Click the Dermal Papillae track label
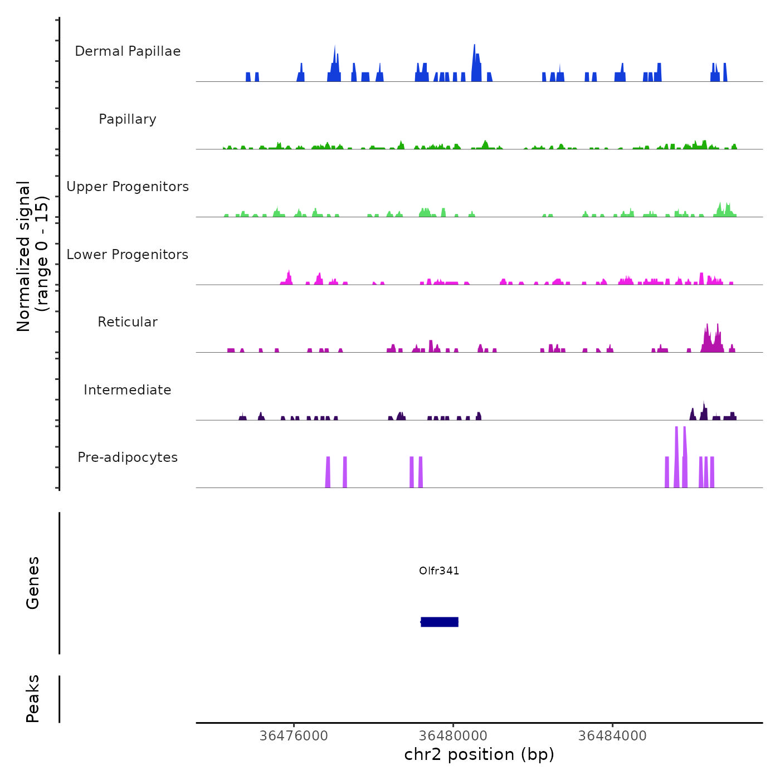click(x=128, y=51)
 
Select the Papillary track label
click(x=128, y=119)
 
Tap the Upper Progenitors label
click(x=128, y=187)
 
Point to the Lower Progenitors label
click(x=128, y=255)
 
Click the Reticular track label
click(x=128, y=322)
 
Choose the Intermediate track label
click(x=128, y=390)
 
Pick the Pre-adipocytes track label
click(x=128, y=457)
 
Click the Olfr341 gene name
click(x=439, y=571)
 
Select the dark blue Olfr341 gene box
click(x=440, y=622)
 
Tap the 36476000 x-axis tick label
click(x=294, y=736)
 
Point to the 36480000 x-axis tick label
click(x=453, y=736)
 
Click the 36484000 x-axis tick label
click(x=612, y=736)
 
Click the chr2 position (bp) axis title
click(x=479, y=754)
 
